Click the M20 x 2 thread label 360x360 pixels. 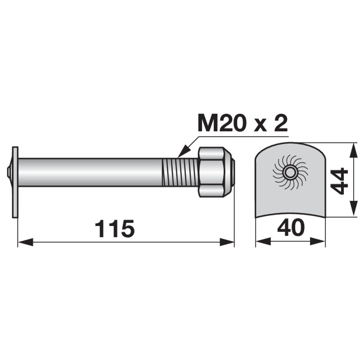pos(243,123)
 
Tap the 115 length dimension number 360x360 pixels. pos(115,229)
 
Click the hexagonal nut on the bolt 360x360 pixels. pos(211,172)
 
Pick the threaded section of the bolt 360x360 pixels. pos(180,172)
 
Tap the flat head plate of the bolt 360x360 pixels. pos(15,182)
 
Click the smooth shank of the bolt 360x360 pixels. pos(90,172)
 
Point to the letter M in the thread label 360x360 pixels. pos(208,123)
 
